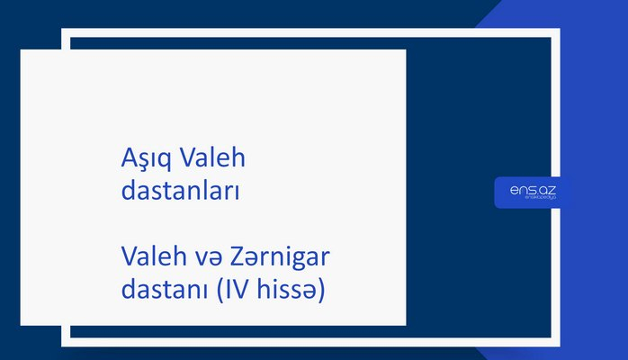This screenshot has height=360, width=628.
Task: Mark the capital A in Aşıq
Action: pyautogui.click(x=128, y=159)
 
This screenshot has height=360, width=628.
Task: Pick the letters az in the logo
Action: pyautogui.click(x=548, y=190)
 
